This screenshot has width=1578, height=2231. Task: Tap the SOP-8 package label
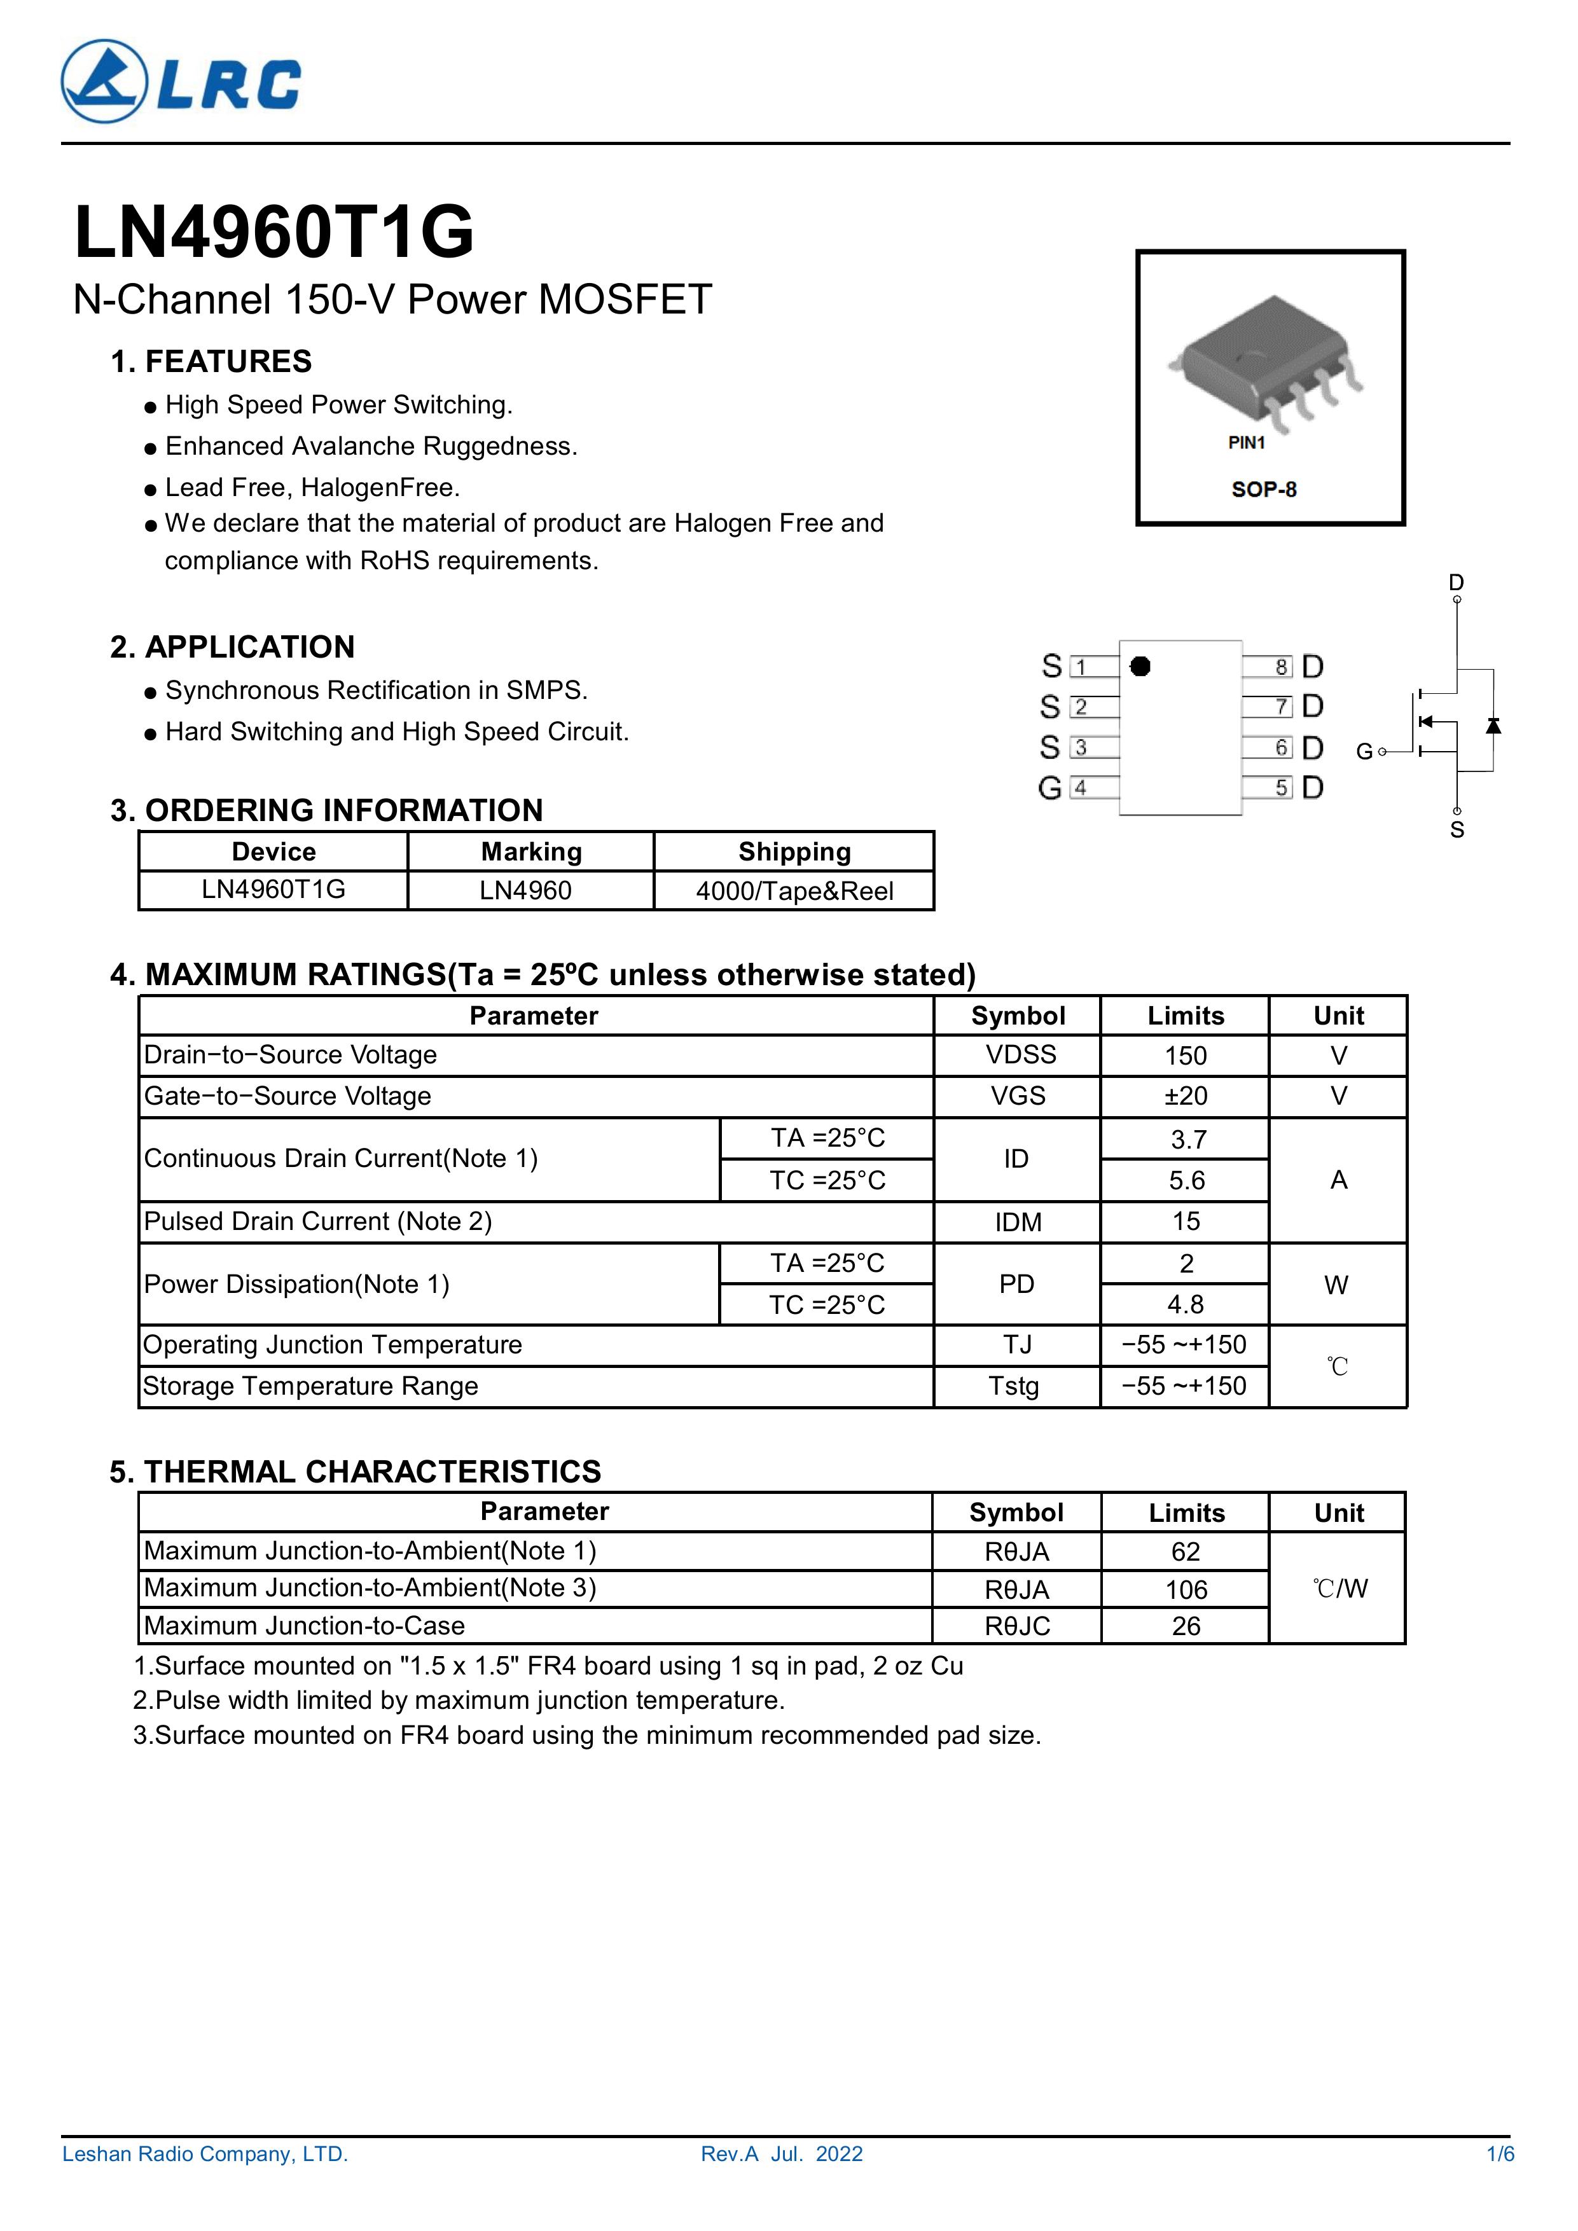[x=1263, y=489]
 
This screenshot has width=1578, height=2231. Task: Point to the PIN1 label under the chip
[x=1247, y=443]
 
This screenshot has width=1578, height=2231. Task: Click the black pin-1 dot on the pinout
[x=1141, y=666]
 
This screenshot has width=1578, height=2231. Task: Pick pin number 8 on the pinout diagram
[x=1282, y=667]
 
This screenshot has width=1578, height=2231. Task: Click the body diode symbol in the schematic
[x=1493, y=725]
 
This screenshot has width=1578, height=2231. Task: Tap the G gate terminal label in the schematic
[x=1364, y=751]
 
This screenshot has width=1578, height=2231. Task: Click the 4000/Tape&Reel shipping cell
[x=794, y=891]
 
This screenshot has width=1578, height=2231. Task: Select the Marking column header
[x=530, y=852]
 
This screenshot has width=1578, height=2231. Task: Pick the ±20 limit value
[x=1186, y=1096]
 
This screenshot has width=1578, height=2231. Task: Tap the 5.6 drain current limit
[x=1186, y=1180]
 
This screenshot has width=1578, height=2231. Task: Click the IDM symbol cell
[x=1018, y=1222]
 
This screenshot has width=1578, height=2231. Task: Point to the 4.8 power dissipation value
[x=1186, y=1304]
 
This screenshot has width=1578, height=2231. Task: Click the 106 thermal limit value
[x=1186, y=1590]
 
